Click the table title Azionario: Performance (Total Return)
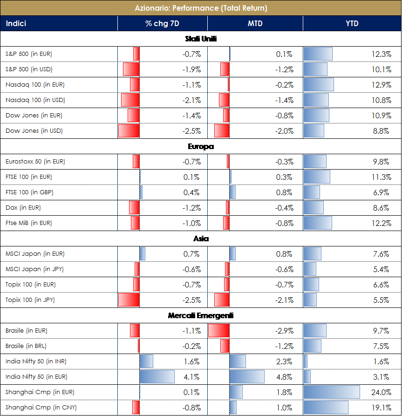[201, 8]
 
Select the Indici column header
[16, 23]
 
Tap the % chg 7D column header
[162, 23]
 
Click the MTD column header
[255, 23]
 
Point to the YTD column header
[352, 23]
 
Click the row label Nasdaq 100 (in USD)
[35, 100]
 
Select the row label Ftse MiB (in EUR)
[29, 223]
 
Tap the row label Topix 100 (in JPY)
[30, 300]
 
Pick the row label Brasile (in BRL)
[26, 346]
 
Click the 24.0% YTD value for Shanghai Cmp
[381, 392]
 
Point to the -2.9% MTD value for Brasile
[284, 331]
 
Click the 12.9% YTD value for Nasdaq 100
[381, 85]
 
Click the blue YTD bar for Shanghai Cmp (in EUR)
[332, 392]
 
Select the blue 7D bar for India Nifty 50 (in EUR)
[157, 376]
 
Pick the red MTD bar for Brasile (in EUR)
[218, 331]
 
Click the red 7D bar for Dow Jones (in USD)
[129, 131]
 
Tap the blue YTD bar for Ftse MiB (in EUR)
[318, 223]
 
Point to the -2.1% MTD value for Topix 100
[284, 300]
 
